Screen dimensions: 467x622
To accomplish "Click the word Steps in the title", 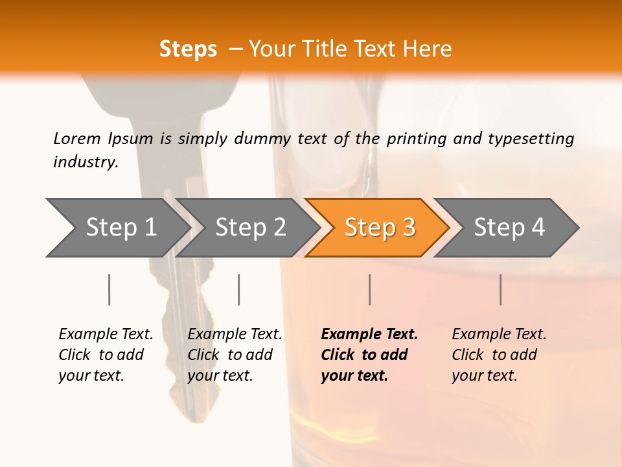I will click(188, 49).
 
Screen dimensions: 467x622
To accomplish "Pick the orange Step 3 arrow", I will click(378, 228).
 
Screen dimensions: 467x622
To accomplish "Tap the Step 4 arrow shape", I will click(507, 228).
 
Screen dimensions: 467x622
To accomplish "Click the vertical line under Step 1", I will click(109, 289).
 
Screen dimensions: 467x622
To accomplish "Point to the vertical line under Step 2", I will click(239, 289).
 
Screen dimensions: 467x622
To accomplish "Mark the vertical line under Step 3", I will click(369, 289).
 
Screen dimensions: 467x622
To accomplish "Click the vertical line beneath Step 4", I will click(500, 289).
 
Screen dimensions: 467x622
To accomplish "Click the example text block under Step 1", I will click(106, 355).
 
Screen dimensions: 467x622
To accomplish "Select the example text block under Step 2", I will click(235, 355).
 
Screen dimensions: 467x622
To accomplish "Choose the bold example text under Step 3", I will click(369, 355).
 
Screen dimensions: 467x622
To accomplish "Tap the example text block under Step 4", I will click(499, 355).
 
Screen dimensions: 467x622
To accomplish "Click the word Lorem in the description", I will click(77, 138).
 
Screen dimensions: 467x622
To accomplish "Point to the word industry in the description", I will click(86, 162).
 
